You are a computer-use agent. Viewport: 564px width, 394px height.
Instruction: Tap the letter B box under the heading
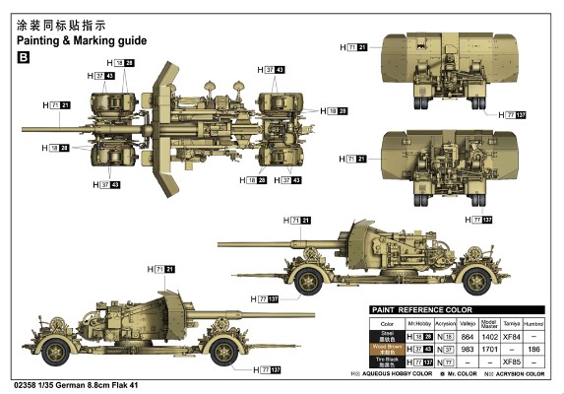[25, 59]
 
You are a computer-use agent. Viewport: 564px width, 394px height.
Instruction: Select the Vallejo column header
[470, 322]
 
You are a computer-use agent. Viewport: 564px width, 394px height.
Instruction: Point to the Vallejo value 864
[470, 337]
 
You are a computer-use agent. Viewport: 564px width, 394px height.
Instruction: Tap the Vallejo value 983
[470, 349]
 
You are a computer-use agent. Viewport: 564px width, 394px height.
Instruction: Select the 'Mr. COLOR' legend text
[465, 374]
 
